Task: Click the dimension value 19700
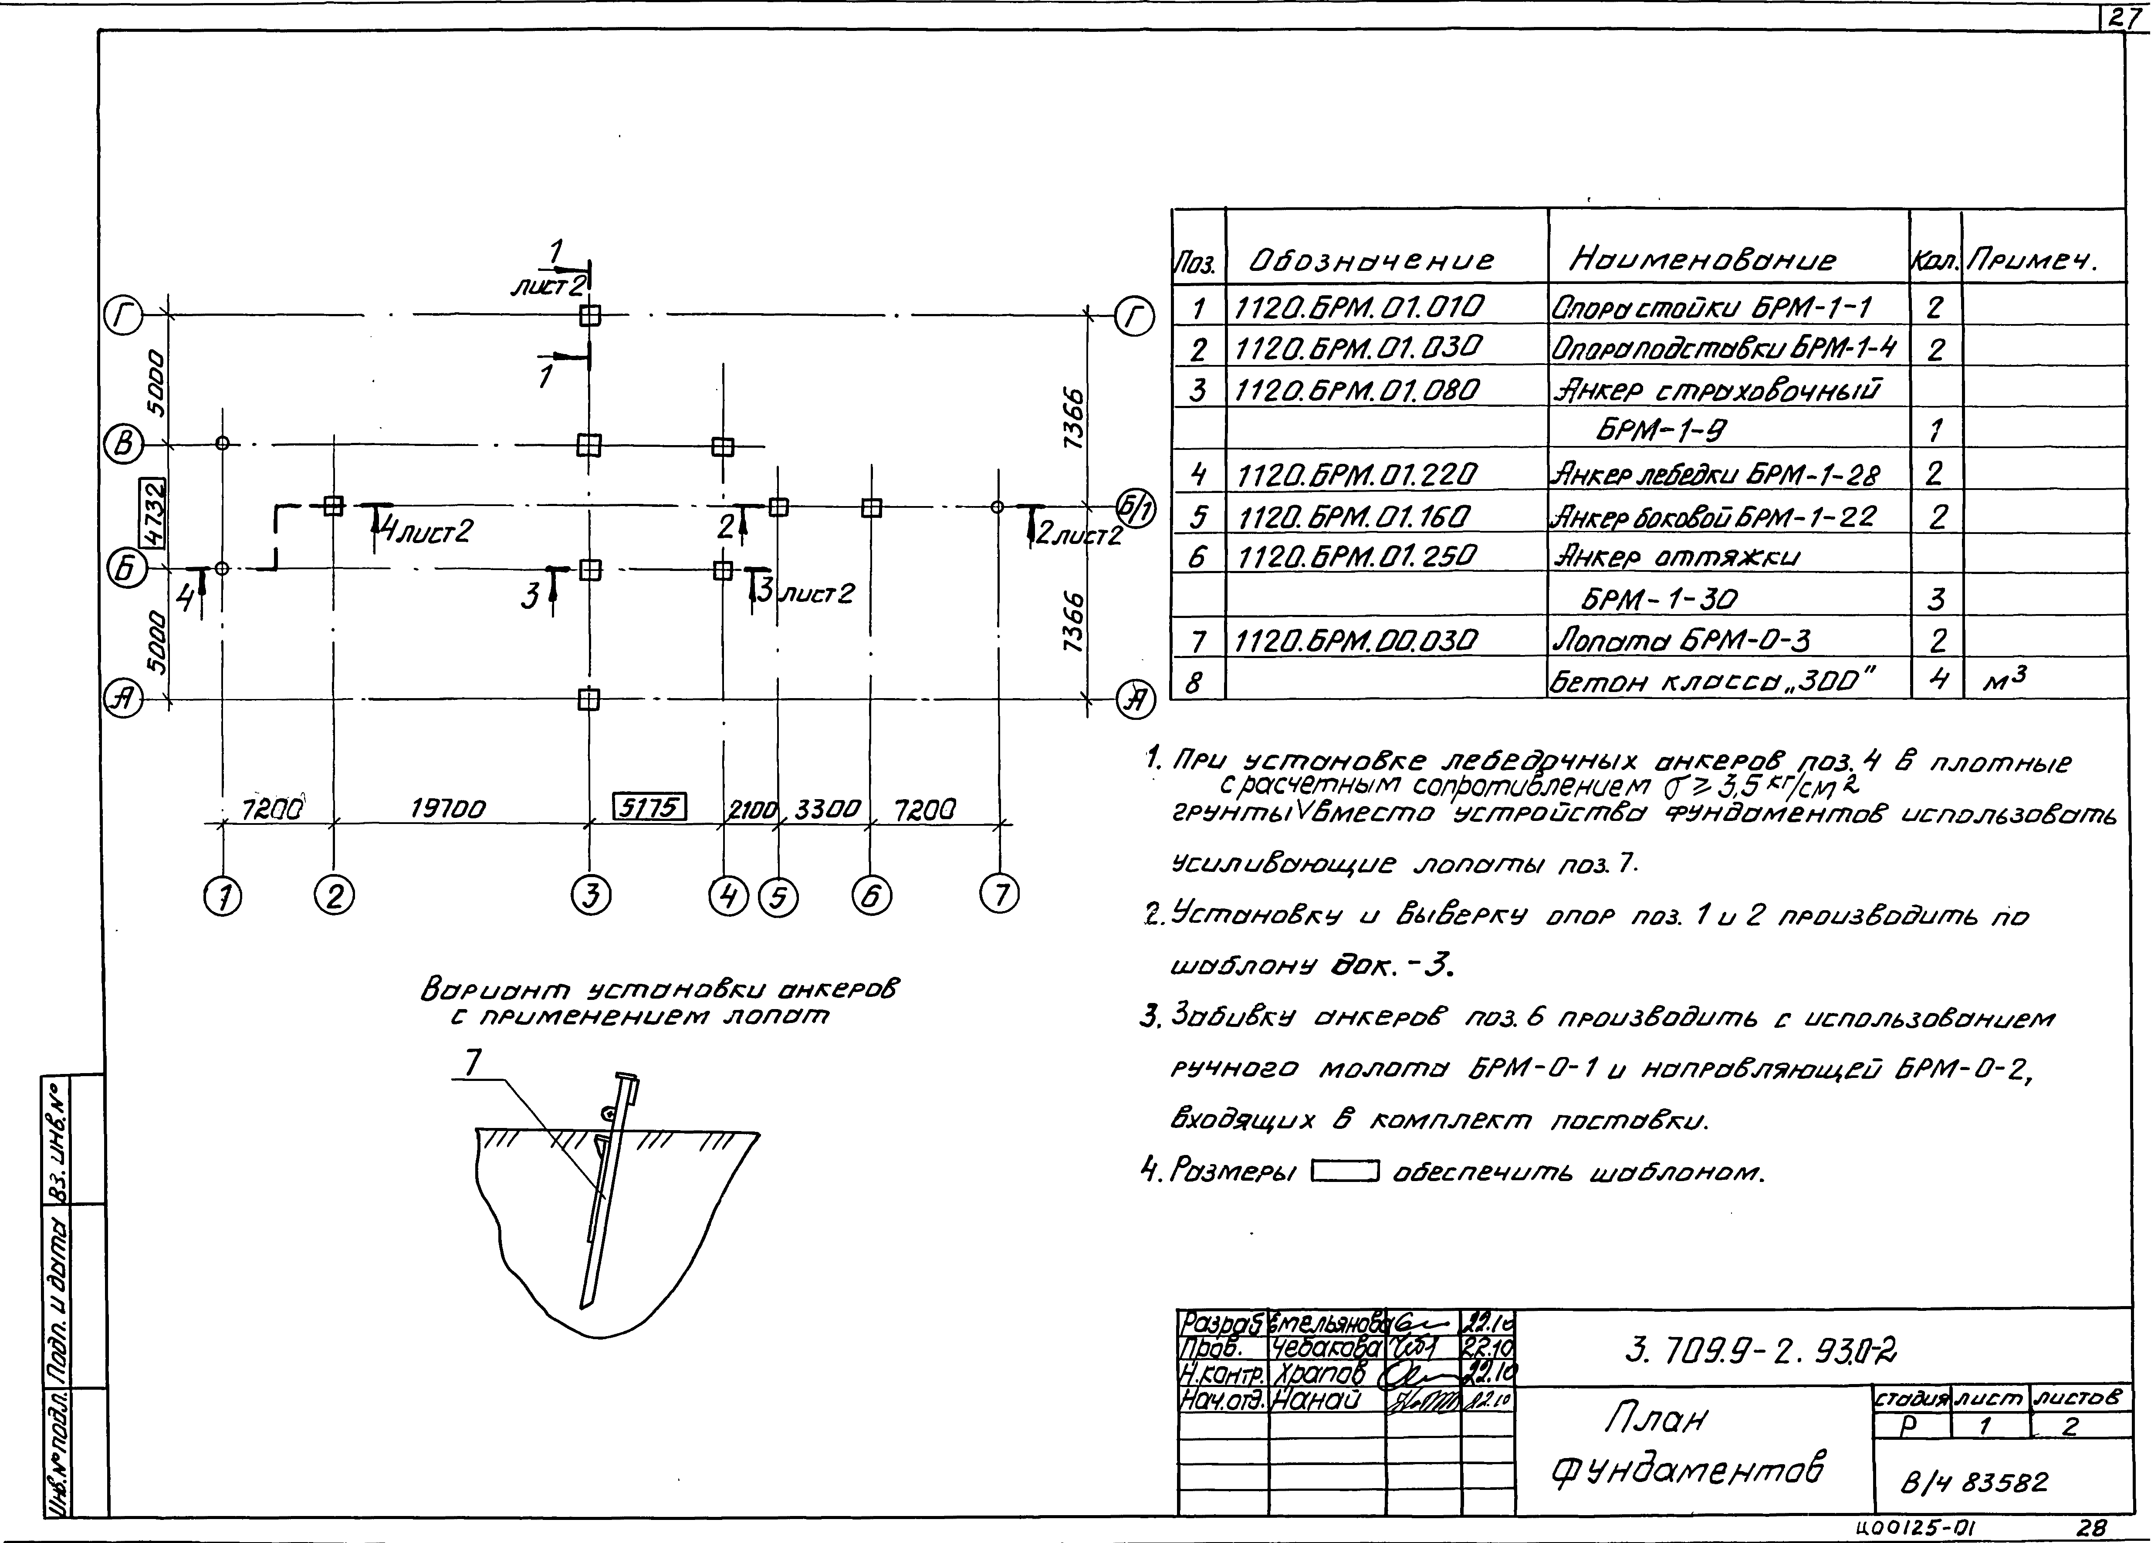coord(448,809)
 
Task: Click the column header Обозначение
coord(1372,260)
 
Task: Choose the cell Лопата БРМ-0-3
coord(1681,641)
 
